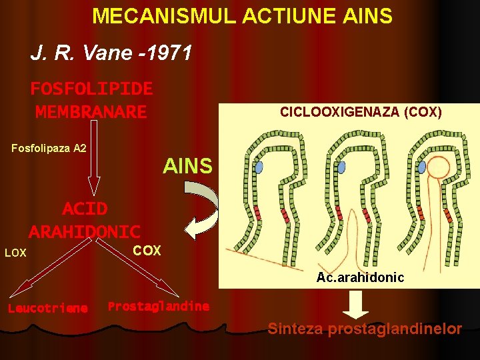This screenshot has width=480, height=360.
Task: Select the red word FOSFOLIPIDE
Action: point(91,89)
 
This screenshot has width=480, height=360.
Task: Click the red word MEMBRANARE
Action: point(91,112)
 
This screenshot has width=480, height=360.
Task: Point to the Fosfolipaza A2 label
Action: point(49,148)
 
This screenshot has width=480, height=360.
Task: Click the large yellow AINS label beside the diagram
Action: point(187,166)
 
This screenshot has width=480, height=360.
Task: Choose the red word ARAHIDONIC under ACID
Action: point(85,232)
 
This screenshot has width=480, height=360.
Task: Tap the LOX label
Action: point(15,253)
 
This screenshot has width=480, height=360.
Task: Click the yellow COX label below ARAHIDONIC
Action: point(147,251)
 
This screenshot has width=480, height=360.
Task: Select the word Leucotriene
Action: point(47,308)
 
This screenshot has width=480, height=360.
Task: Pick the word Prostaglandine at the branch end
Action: point(159,307)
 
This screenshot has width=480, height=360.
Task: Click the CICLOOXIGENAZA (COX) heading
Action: point(361,112)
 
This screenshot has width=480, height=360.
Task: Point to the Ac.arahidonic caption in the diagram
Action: point(360,277)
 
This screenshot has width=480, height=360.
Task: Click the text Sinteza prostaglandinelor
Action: point(365,329)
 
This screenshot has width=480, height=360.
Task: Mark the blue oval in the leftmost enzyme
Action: point(259,167)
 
